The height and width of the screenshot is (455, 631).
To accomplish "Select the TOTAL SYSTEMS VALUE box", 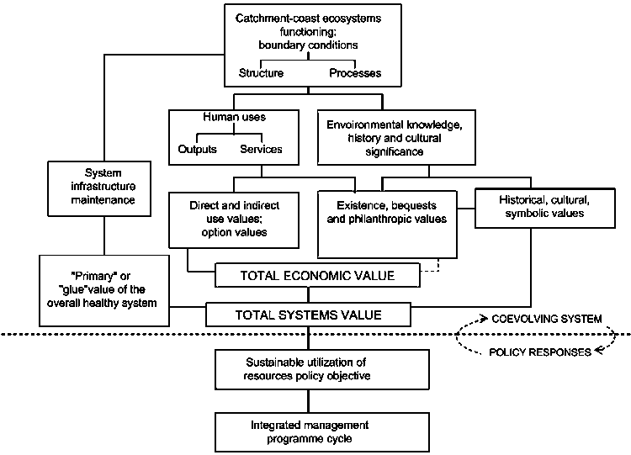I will (308, 315).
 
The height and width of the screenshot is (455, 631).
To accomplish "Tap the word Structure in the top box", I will (261, 73).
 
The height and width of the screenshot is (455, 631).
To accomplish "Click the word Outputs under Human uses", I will (198, 150).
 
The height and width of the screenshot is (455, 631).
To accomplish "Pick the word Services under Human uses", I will (261, 150).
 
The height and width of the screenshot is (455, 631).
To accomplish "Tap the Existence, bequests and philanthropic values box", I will (386, 224).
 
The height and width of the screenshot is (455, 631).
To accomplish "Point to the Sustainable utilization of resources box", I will (308, 367).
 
